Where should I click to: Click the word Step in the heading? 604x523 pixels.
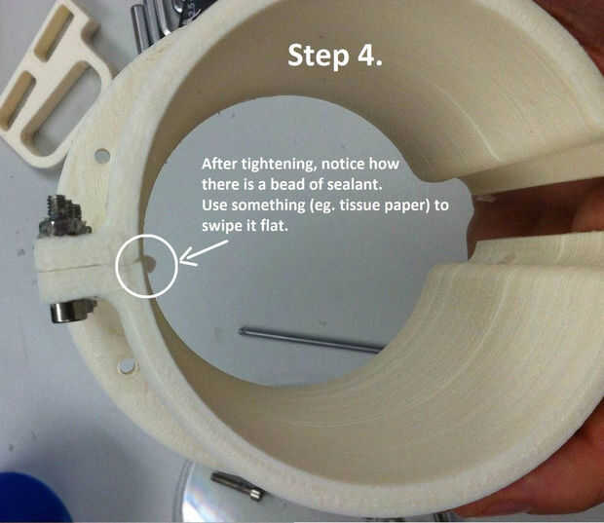click(x=319, y=56)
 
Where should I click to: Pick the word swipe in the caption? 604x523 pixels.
click(x=221, y=226)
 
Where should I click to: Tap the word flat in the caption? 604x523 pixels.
click(x=274, y=226)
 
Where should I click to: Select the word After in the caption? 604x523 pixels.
click(x=220, y=164)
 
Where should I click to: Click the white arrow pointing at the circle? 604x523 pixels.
click(x=203, y=253)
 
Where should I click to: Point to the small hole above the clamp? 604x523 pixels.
click(x=102, y=156)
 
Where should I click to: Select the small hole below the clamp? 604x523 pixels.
click(x=128, y=366)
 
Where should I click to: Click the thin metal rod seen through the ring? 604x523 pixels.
click(x=311, y=339)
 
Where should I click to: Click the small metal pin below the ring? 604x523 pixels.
click(x=237, y=486)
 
